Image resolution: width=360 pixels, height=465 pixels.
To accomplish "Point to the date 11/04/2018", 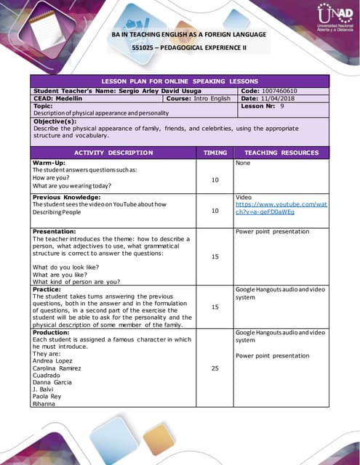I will [277, 98].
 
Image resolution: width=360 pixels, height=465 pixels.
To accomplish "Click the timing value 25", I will [215, 368].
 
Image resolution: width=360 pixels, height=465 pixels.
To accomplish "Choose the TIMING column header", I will [215, 153].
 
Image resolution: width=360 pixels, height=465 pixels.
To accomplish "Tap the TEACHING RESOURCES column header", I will [281, 153].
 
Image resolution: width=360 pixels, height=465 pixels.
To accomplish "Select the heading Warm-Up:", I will [49, 163].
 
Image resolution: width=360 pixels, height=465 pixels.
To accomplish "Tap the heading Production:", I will [55, 332].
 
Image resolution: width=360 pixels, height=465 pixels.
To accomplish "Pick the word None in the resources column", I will [243, 163].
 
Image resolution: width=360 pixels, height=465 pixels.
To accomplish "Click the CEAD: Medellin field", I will [58, 98].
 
